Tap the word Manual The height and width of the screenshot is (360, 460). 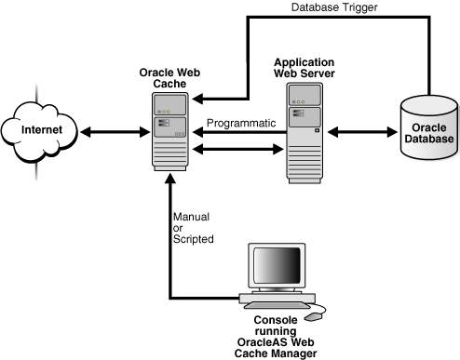coord(190,217)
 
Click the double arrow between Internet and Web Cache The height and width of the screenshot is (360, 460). coord(109,131)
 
